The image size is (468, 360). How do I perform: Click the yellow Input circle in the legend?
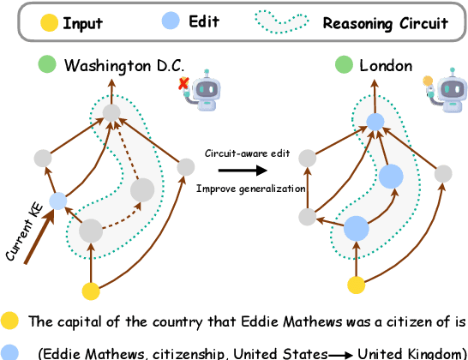click(48, 22)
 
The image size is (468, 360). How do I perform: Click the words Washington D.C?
click(124, 65)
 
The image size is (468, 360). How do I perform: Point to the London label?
click(386, 65)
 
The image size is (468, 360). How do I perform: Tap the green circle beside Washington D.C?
click(48, 64)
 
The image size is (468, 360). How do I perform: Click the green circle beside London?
click(344, 64)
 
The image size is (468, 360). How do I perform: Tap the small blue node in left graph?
click(57, 201)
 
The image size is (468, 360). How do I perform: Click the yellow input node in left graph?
click(90, 291)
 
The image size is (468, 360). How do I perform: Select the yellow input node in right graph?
click(356, 285)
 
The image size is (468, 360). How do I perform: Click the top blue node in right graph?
click(375, 122)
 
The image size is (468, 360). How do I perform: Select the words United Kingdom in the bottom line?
click(410, 352)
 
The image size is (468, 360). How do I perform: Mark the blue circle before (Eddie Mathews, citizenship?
click(9, 351)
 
